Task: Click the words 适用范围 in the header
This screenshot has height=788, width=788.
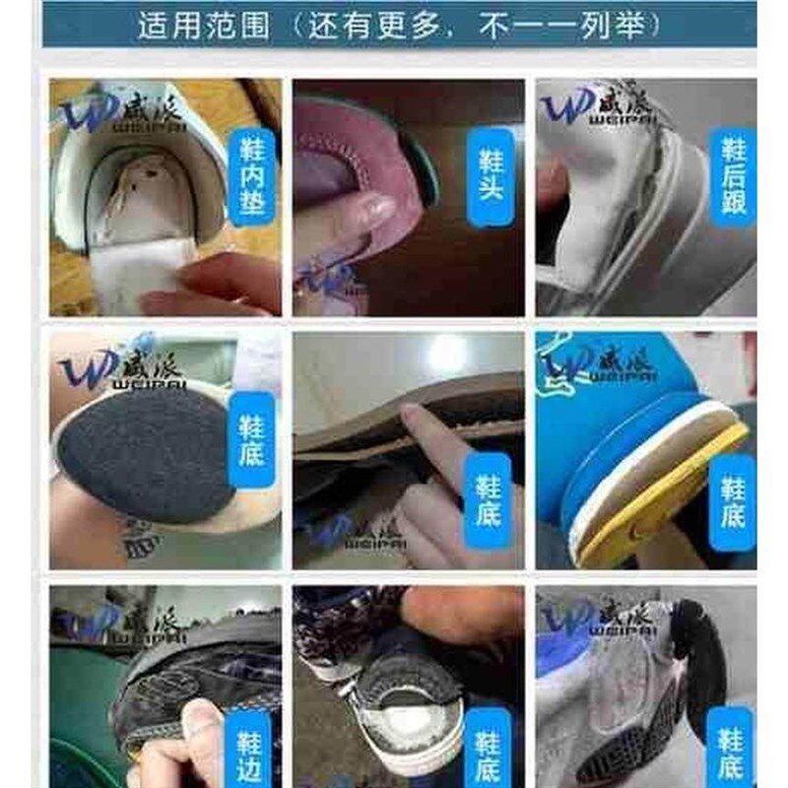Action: (x=203, y=25)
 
